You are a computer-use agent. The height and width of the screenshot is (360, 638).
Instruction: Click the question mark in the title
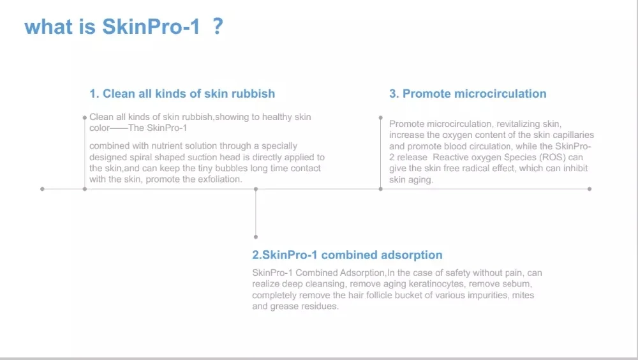218,26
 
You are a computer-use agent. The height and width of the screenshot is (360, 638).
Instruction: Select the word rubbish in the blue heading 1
253,94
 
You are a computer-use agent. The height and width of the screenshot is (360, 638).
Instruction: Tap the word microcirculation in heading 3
500,94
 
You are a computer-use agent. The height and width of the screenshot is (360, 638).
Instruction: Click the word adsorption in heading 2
412,255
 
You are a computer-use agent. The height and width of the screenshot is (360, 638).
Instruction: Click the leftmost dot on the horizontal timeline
42,189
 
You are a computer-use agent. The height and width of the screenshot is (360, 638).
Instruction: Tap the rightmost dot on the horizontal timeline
589,189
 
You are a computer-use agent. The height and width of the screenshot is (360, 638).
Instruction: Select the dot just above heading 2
256,237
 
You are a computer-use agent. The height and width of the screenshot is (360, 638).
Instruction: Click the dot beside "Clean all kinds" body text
85,117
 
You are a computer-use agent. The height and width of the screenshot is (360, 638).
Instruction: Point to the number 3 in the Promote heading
393,94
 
